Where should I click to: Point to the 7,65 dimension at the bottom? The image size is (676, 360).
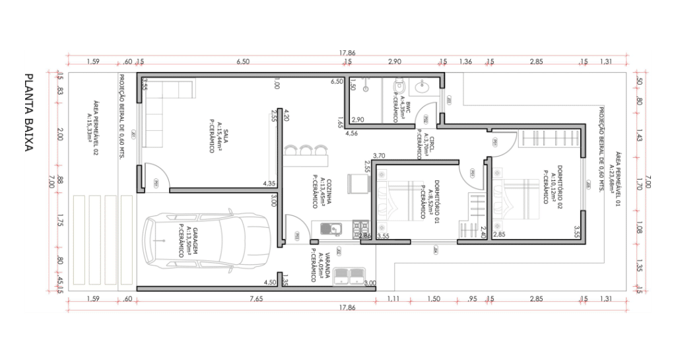click(x=256, y=299)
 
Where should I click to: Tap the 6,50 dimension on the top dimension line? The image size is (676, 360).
click(x=243, y=61)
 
